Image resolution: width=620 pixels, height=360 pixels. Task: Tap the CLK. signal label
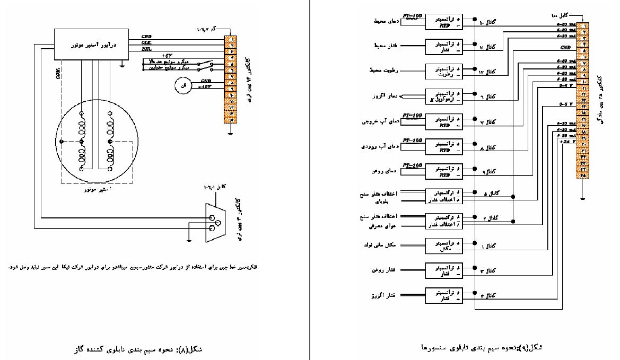tap(146, 43)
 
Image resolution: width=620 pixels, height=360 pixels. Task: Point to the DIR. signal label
tap(147, 49)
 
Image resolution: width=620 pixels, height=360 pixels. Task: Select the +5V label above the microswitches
tap(167, 56)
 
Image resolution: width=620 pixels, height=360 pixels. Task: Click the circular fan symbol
tap(184, 85)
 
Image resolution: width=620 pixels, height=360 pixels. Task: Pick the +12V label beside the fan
tap(205, 86)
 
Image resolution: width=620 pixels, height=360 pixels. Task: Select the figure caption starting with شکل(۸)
tap(138, 349)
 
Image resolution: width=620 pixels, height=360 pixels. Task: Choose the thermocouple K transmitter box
tap(443, 96)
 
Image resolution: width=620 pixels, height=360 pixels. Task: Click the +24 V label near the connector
tap(567, 142)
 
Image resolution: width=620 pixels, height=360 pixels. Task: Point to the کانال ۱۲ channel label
tap(488, 72)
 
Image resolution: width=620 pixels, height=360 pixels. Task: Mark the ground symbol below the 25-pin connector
tap(582, 199)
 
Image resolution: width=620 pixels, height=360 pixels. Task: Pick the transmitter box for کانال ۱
tap(443, 244)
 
